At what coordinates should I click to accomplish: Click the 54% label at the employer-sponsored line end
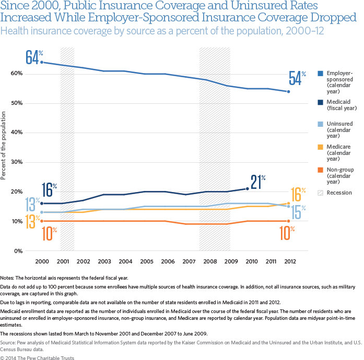coord(297,78)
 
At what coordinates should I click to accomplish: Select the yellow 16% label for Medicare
coord(297,194)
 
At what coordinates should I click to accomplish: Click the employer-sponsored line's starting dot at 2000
coord(42,62)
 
